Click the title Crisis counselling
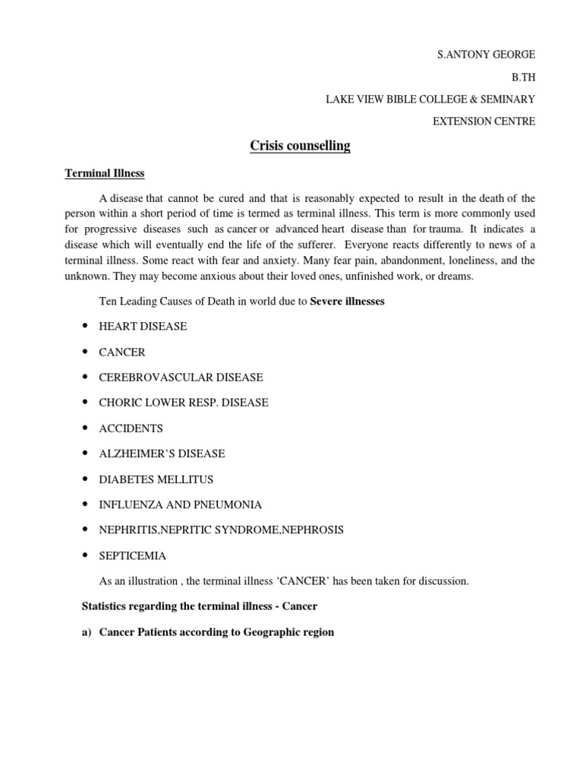click(300, 146)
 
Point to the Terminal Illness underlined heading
click(104, 174)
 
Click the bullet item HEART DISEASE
click(143, 326)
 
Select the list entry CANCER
click(122, 352)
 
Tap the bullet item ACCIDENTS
click(131, 429)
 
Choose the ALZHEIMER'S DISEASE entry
click(162, 454)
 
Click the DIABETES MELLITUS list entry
click(156, 479)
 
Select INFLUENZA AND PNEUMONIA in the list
click(181, 504)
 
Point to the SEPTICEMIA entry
click(133, 555)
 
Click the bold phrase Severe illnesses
click(348, 302)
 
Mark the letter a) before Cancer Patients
click(86, 632)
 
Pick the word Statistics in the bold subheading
click(106, 606)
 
